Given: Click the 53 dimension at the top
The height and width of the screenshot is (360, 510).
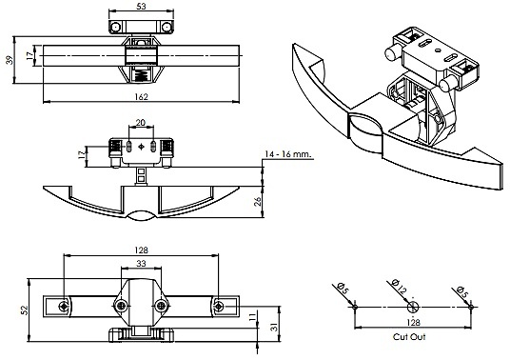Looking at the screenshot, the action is [141, 6].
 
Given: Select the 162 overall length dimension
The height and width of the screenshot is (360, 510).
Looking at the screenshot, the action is [141, 97].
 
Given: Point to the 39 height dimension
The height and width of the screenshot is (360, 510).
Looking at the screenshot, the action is [10, 60].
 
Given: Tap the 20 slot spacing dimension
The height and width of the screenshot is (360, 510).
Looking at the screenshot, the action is [141, 123].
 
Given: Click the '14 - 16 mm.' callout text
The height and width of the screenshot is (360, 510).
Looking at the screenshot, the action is [288, 154].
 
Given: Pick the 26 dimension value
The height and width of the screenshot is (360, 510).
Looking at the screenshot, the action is [257, 202].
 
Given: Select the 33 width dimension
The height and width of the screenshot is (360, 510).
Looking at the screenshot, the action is [141, 263].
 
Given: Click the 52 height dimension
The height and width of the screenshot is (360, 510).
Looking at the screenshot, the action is [25, 310].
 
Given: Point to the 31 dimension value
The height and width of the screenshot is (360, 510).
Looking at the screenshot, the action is [275, 327].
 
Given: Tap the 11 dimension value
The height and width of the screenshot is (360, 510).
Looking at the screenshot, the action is [253, 318].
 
